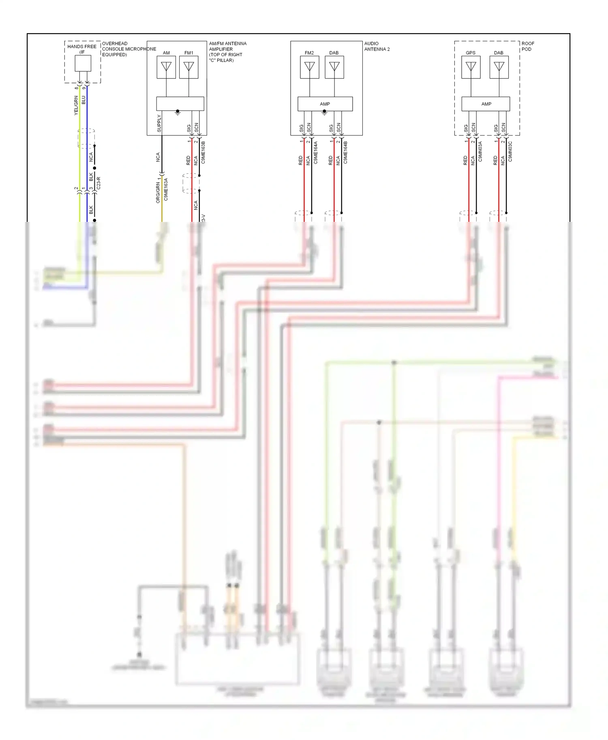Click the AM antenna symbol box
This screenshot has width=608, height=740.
166,67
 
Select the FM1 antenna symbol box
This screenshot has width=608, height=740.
189,67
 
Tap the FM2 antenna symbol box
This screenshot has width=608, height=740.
310,67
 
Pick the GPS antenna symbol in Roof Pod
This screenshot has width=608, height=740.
471,67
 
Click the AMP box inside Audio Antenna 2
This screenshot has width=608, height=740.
325,104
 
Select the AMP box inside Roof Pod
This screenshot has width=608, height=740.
486,104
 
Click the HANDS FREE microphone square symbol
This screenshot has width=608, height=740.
83,63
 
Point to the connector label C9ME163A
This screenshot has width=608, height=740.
166,189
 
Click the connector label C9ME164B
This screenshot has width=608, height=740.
345,152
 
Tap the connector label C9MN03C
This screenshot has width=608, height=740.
510,151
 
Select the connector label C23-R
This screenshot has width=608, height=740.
98,183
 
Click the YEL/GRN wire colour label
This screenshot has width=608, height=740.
76,106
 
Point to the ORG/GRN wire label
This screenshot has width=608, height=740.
158,193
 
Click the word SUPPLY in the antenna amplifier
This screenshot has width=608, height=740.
159,123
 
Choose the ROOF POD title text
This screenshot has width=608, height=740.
527,46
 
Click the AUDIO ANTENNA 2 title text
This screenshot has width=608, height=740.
377,46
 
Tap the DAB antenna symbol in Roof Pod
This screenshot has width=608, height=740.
499,67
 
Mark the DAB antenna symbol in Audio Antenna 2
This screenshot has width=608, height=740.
334,67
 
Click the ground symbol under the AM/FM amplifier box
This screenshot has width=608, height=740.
178,112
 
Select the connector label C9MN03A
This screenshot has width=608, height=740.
480,151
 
